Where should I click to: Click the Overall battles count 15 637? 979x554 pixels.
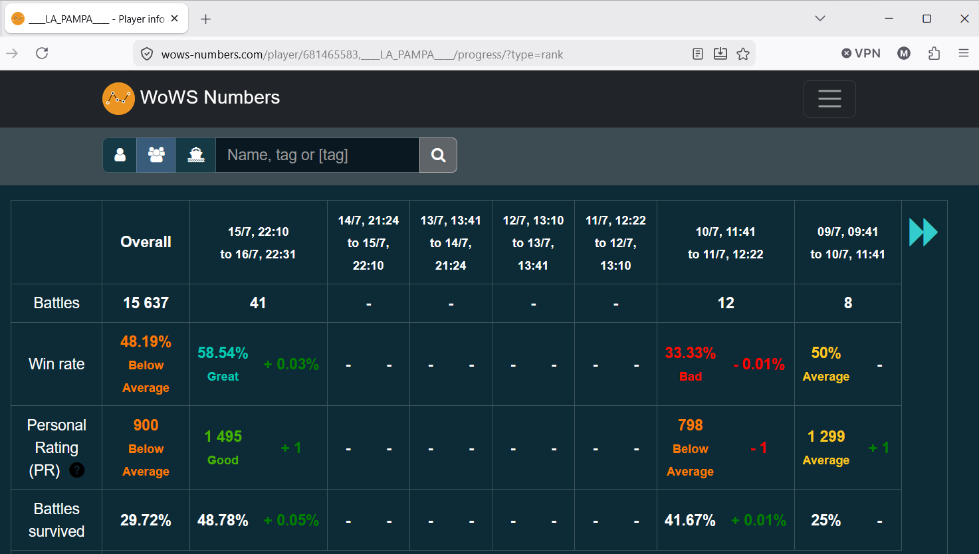tap(146, 303)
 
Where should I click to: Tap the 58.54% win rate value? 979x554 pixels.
tap(223, 353)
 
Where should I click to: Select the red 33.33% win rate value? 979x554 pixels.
tap(690, 353)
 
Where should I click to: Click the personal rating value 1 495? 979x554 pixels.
tap(223, 436)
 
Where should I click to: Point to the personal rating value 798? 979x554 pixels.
tap(690, 424)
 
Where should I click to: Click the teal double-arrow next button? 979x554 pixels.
tap(923, 232)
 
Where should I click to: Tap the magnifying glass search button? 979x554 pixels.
tap(438, 155)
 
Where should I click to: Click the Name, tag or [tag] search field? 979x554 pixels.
tap(317, 155)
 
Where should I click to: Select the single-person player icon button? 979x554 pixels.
tap(120, 155)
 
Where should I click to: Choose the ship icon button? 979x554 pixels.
tap(196, 155)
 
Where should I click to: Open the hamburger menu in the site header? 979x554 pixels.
tap(829, 99)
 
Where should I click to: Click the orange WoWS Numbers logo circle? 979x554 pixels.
tap(118, 98)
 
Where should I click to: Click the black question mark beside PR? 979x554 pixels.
tap(77, 470)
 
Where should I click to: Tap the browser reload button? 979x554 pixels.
tap(42, 53)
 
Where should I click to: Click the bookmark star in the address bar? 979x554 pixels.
tap(743, 54)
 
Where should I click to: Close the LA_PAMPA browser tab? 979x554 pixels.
tap(174, 19)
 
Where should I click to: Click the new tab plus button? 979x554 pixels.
tap(205, 19)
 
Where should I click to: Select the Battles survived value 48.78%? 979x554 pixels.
tap(223, 520)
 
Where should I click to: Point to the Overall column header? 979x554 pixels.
tap(146, 242)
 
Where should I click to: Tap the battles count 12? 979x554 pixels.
tap(726, 303)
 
